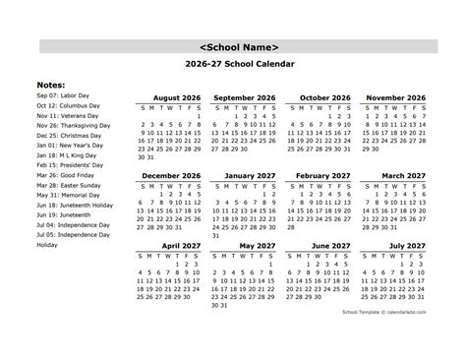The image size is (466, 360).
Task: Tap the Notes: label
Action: tap(53, 85)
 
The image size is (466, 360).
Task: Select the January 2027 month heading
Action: tap(245, 175)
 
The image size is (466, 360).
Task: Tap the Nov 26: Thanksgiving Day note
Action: tap(73, 126)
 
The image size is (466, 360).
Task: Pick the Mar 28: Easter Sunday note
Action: tap(68, 185)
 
